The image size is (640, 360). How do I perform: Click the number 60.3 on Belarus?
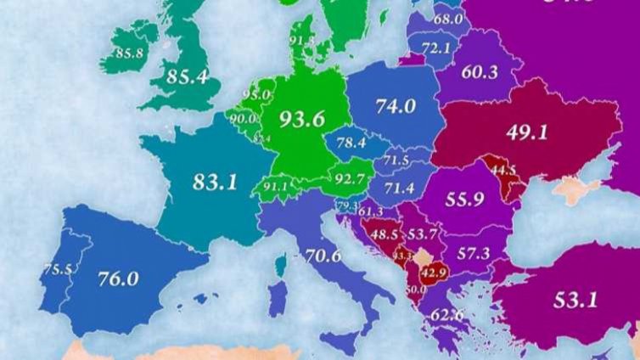click(x=480, y=72)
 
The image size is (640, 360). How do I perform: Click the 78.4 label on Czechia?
click(x=350, y=143)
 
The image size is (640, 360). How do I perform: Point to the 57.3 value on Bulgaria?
click(x=473, y=253)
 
